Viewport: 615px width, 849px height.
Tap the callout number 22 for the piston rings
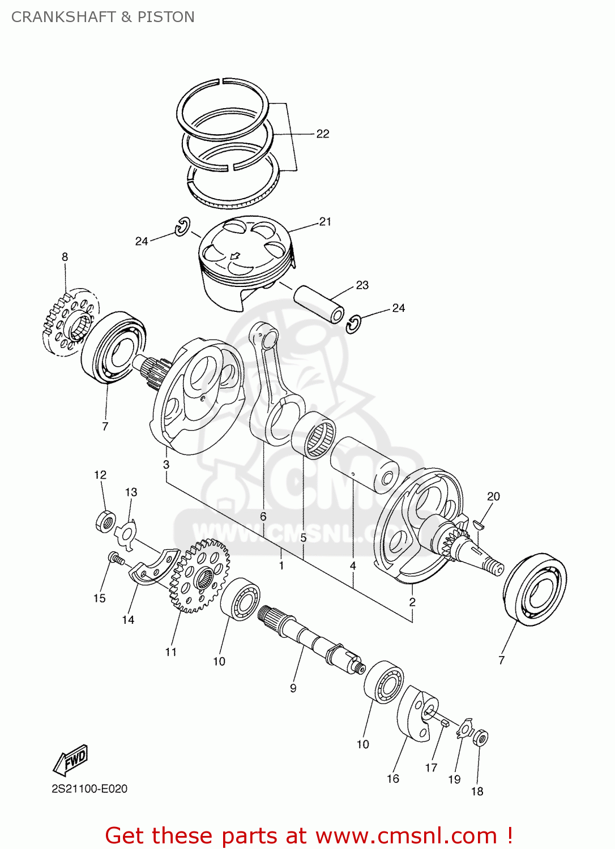(322, 134)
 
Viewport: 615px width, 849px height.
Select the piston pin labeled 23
(319, 303)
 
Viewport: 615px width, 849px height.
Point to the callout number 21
(325, 222)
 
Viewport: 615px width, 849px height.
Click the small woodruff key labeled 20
(479, 524)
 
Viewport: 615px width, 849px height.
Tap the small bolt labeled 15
(116, 559)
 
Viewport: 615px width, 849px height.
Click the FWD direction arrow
(71, 760)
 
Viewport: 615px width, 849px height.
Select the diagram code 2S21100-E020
(89, 788)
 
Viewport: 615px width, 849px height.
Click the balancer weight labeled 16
(418, 713)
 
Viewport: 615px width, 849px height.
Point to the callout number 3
(166, 465)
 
